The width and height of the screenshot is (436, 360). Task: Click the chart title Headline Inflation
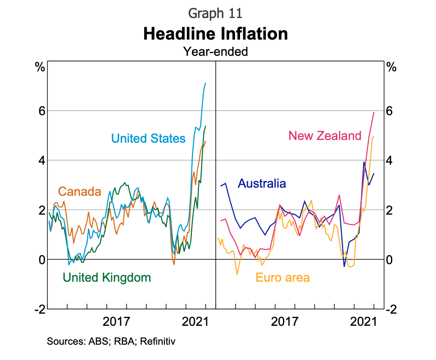click(215, 34)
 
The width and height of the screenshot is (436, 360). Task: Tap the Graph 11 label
click(215, 13)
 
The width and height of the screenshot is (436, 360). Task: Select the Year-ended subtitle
click(215, 52)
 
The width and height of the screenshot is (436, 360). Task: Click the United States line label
click(148, 138)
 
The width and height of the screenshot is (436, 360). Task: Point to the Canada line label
click(80, 192)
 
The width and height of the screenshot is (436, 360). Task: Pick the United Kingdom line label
click(107, 277)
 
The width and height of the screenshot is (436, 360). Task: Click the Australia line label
click(262, 184)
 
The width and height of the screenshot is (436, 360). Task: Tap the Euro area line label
click(282, 277)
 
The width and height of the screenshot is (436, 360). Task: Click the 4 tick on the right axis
click(391, 161)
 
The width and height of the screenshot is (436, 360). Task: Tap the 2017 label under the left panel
click(116, 322)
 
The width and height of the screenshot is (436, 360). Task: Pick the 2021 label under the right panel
click(364, 322)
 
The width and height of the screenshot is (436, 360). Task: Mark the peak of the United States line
click(205, 83)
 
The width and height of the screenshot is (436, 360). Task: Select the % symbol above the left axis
click(40, 68)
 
